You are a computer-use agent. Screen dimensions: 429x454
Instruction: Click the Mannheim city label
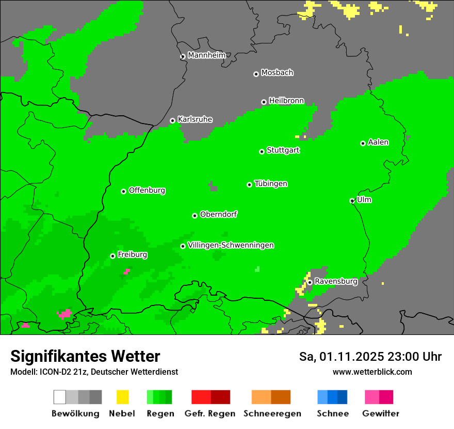tap(206, 55)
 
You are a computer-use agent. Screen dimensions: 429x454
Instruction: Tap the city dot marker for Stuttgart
tap(262, 151)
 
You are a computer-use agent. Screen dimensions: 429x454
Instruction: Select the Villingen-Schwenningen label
tap(231, 246)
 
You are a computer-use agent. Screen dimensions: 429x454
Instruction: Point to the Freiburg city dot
tap(112, 256)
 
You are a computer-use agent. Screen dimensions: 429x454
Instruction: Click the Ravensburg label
tap(336, 282)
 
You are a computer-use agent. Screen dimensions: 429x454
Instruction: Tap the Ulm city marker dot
tap(352, 201)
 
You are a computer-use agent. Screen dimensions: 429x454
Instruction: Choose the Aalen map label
tap(378, 142)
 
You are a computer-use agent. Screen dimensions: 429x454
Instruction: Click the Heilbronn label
tap(286, 101)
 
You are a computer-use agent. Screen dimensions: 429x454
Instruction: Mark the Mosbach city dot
tap(256, 74)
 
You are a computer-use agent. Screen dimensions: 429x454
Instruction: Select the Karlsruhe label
tap(194, 119)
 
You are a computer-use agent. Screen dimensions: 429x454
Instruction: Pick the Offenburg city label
tap(147, 190)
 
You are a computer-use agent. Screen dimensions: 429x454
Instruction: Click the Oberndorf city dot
tap(194, 216)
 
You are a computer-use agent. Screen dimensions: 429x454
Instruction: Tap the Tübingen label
tap(271, 183)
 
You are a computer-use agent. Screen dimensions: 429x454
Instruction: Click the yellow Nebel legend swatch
tap(122, 397)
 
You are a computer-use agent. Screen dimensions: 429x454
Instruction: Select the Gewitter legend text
tap(380, 413)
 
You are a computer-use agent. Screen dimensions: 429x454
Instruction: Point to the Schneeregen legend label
tap(272, 413)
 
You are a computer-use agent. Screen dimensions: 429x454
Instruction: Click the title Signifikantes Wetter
tap(85, 356)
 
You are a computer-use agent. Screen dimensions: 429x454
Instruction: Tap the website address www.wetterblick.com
tap(372, 372)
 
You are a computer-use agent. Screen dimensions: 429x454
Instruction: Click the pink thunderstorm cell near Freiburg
tap(126, 271)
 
